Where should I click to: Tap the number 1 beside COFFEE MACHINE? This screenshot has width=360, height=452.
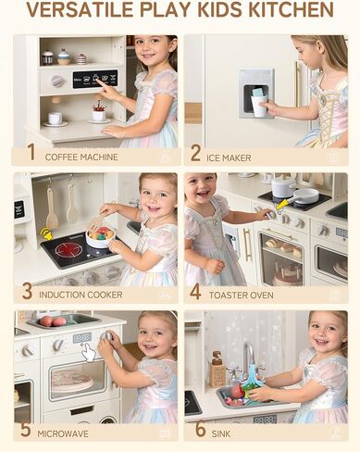31,152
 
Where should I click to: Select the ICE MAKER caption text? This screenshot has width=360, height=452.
229,158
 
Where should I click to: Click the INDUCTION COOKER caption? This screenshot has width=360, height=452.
81,295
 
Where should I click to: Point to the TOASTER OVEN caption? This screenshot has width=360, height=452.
241,295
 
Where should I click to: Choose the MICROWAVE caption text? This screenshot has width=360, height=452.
63,433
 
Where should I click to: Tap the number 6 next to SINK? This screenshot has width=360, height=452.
201,429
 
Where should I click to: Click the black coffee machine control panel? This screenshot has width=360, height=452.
95,79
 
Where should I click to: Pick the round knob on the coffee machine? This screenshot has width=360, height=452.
57,82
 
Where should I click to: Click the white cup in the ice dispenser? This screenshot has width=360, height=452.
259,106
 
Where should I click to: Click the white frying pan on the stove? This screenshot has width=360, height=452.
304,195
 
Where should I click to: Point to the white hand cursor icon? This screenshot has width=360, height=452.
90,353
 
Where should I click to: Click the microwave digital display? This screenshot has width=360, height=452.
82,337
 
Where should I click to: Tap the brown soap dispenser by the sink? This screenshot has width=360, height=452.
217,370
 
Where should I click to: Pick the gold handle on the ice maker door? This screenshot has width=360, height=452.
298,84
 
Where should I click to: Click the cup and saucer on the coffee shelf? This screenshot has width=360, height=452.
56,119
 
